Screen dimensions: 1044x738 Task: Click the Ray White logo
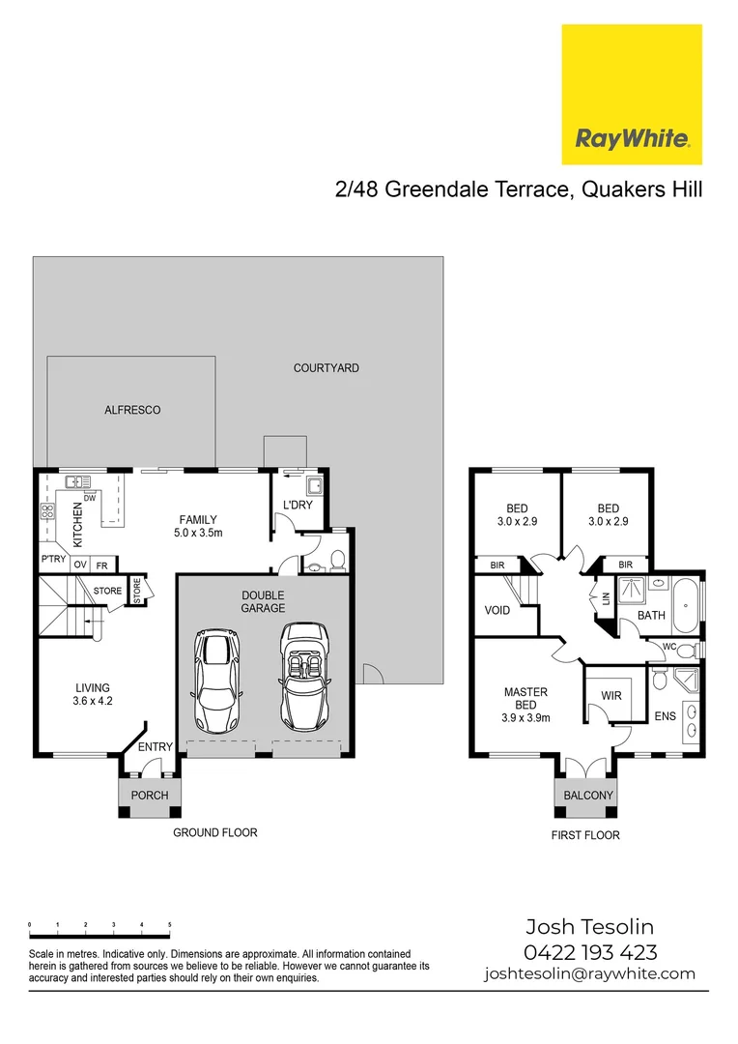632,95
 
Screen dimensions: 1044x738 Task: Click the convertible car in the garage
305,678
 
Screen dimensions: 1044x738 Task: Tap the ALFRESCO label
132,410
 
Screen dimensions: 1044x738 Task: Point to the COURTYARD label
326,368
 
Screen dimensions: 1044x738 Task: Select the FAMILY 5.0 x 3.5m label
198,526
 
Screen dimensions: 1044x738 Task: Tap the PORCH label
150,796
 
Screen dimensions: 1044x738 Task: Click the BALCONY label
588,796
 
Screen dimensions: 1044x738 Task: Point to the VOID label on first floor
497,611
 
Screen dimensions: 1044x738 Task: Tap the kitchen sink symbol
76,480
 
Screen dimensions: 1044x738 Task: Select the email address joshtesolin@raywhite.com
589,973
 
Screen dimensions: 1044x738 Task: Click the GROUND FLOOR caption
214,832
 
